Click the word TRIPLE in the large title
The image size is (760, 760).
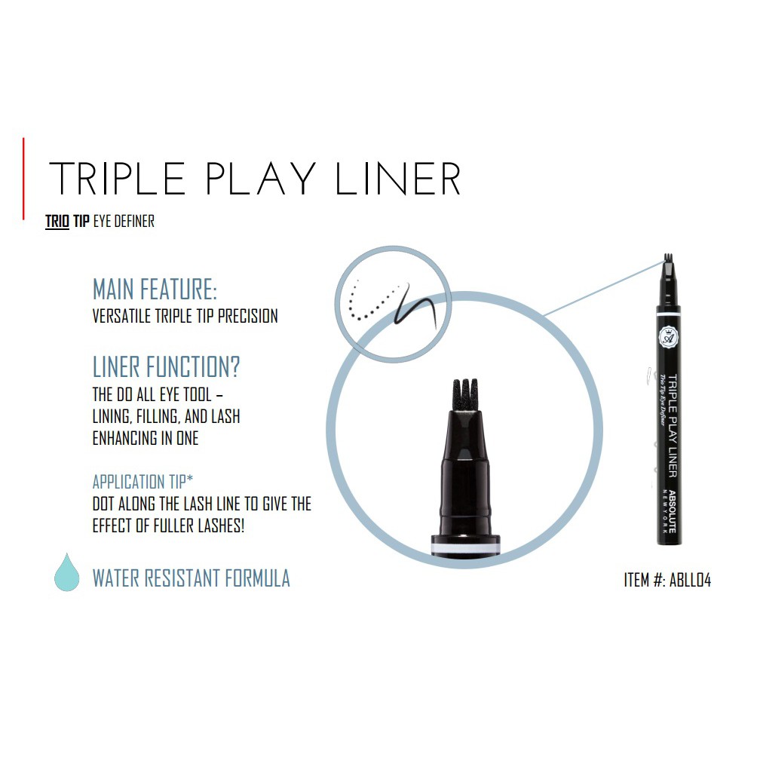coord(118,179)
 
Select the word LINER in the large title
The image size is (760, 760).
coord(397,179)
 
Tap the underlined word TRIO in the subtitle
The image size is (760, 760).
coord(57,222)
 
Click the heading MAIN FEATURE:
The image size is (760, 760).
coord(155,290)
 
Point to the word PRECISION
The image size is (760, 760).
coord(247,316)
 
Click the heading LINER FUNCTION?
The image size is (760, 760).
coord(166,367)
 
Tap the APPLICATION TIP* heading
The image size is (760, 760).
coord(142,482)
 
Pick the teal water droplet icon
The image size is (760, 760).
coord(67,573)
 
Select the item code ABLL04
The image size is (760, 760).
coord(690,581)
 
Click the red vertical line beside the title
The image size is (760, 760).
coord(23,179)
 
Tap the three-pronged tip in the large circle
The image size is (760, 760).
coord(464,394)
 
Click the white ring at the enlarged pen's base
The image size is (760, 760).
coord(465,546)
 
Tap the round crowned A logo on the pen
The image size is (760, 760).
coord(668,336)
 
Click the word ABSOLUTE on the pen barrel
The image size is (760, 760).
coord(673,511)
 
